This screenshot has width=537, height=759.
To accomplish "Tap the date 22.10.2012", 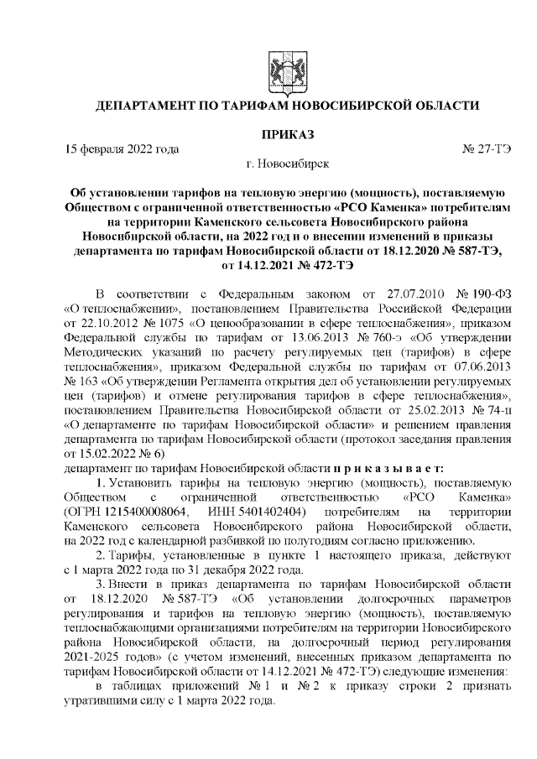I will click(x=107, y=325).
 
